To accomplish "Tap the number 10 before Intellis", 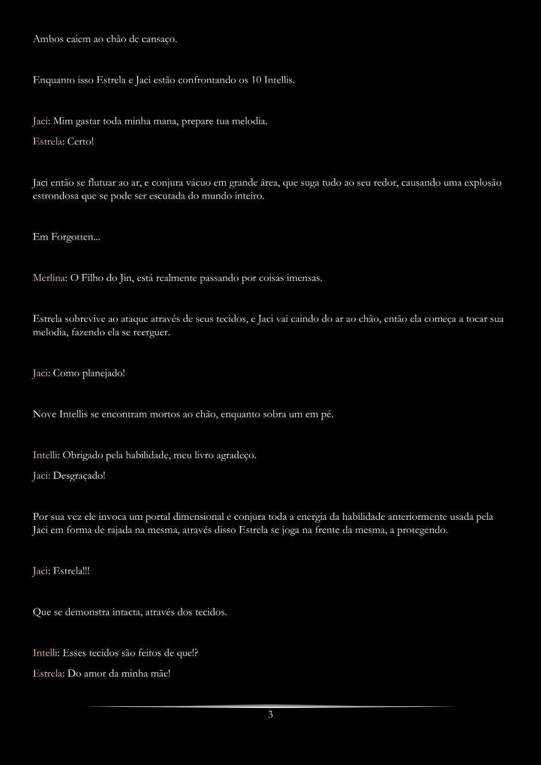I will pyautogui.click(x=256, y=81).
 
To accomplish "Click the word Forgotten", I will pyautogui.click(x=73, y=237).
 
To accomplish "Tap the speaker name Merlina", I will pyautogui.click(x=48, y=278).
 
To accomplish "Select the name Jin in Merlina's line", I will pyautogui.click(x=126, y=278).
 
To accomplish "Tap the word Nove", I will pyautogui.click(x=44, y=414).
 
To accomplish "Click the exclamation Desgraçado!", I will pyautogui.click(x=79, y=475).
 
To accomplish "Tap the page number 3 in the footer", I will pyautogui.click(x=270, y=715).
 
